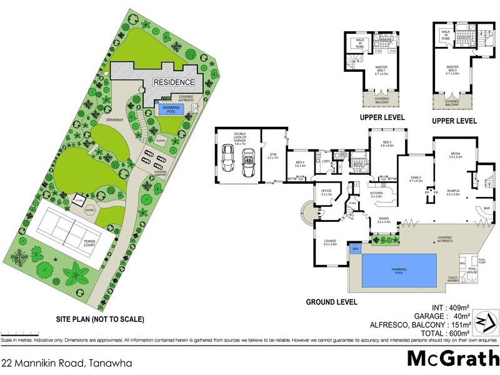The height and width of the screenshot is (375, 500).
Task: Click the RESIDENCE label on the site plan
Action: pyautogui.click(x=174, y=82)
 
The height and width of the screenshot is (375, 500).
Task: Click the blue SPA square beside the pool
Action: pyautogui.click(x=356, y=248)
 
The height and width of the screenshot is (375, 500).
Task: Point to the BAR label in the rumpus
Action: pyautogui.click(x=487, y=209)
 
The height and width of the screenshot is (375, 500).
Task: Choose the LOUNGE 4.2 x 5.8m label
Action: pyautogui.click(x=330, y=242)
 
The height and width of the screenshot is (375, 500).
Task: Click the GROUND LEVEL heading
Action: pyautogui.click(x=331, y=301)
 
